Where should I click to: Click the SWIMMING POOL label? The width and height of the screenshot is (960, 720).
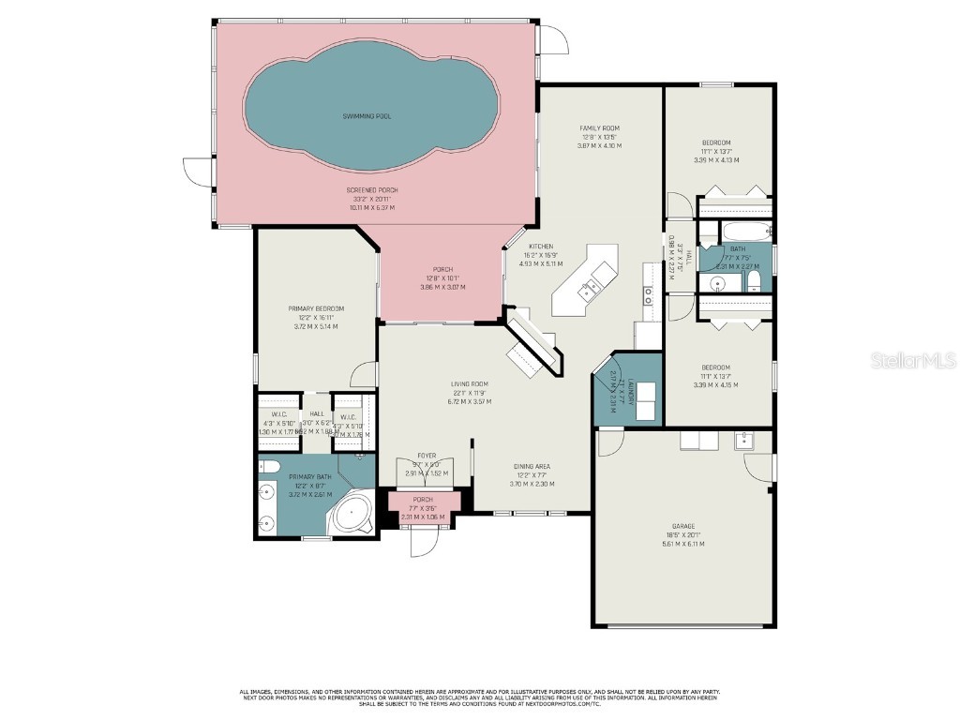(x=366, y=116)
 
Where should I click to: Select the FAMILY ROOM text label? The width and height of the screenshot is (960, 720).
(x=599, y=128)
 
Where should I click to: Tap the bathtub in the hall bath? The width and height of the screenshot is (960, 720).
(x=744, y=232)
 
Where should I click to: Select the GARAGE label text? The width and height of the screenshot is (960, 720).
(x=683, y=527)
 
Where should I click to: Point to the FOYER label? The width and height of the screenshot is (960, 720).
(x=427, y=456)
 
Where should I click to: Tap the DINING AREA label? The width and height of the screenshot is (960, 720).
(x=531, y=466)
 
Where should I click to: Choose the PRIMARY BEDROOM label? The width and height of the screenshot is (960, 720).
(x=315, y=308)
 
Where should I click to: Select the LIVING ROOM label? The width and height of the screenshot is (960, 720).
(x=469, y=383)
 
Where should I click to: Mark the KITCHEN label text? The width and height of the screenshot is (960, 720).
(x=541, y=247)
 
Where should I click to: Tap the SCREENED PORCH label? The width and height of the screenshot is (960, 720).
(x=371, y=190)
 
